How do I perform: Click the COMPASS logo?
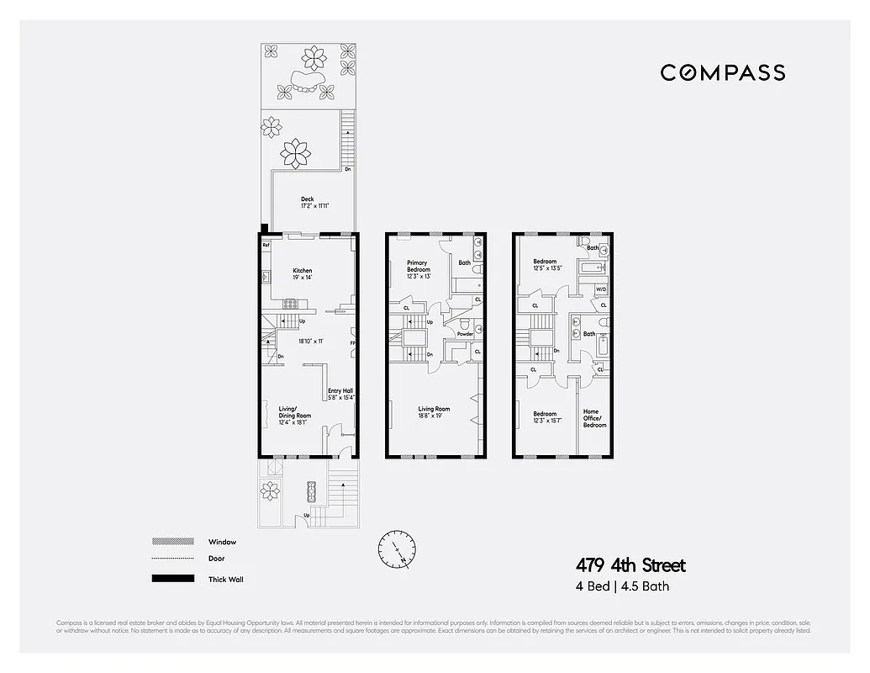click(723, 72)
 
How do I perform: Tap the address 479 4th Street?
click(630, 565)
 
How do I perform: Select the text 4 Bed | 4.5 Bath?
click(622, 587)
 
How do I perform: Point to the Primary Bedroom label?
click(418, 266)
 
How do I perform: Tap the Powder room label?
click(465, 334)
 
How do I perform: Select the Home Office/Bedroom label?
click(595, 418)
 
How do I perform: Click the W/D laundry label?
click(601, 289)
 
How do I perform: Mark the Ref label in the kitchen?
click(266, 246)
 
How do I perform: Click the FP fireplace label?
click(353, 343)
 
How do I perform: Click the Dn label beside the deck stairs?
click(347, 170)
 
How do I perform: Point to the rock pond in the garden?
click(305, 83)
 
